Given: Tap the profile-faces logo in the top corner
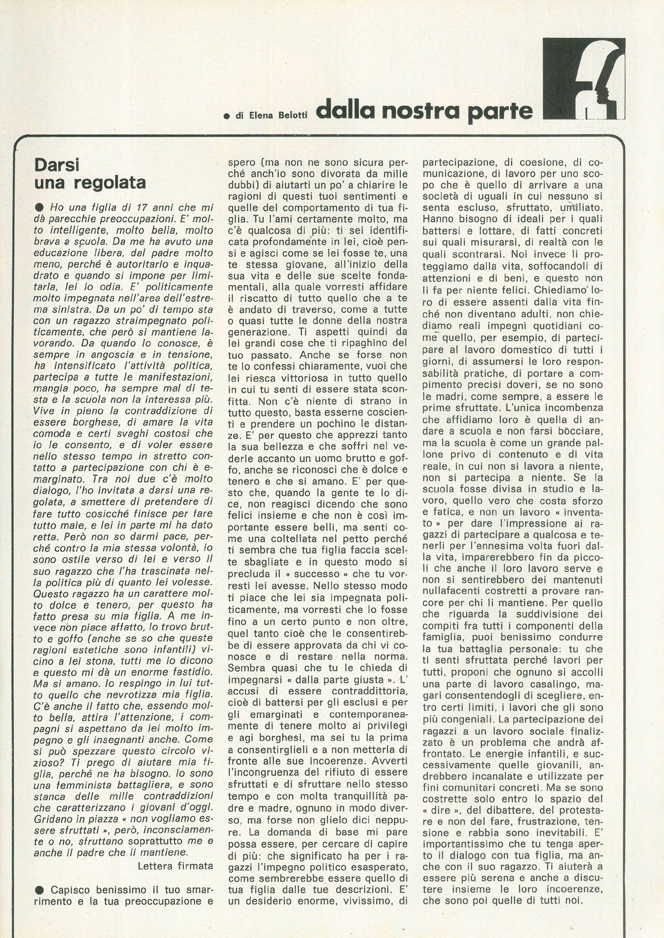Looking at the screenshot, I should click(583, 78).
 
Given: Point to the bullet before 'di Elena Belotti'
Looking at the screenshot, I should click(226, 116).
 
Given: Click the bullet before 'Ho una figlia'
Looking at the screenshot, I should click(40, 207).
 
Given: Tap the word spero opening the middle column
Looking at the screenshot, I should click(242, 163).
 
